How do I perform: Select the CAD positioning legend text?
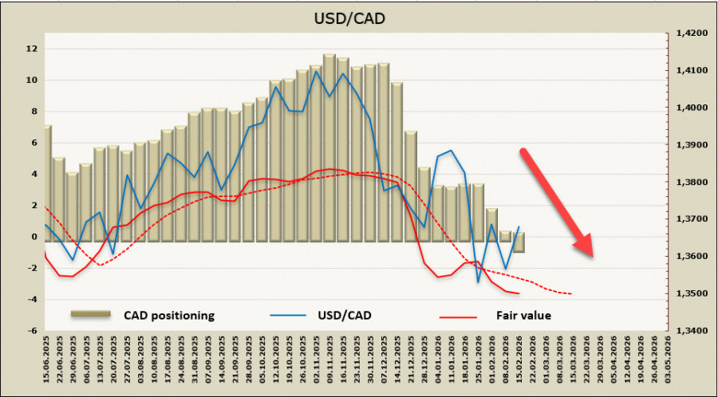coord(168,315)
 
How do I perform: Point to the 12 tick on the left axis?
coord(32,49)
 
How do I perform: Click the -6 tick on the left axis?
coord(32,330)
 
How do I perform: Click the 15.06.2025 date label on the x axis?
coord(48,363)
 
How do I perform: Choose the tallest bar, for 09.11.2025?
coord(329,147)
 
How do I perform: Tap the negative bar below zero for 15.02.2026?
coord(519,246)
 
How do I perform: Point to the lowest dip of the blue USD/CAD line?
coord(479,281)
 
